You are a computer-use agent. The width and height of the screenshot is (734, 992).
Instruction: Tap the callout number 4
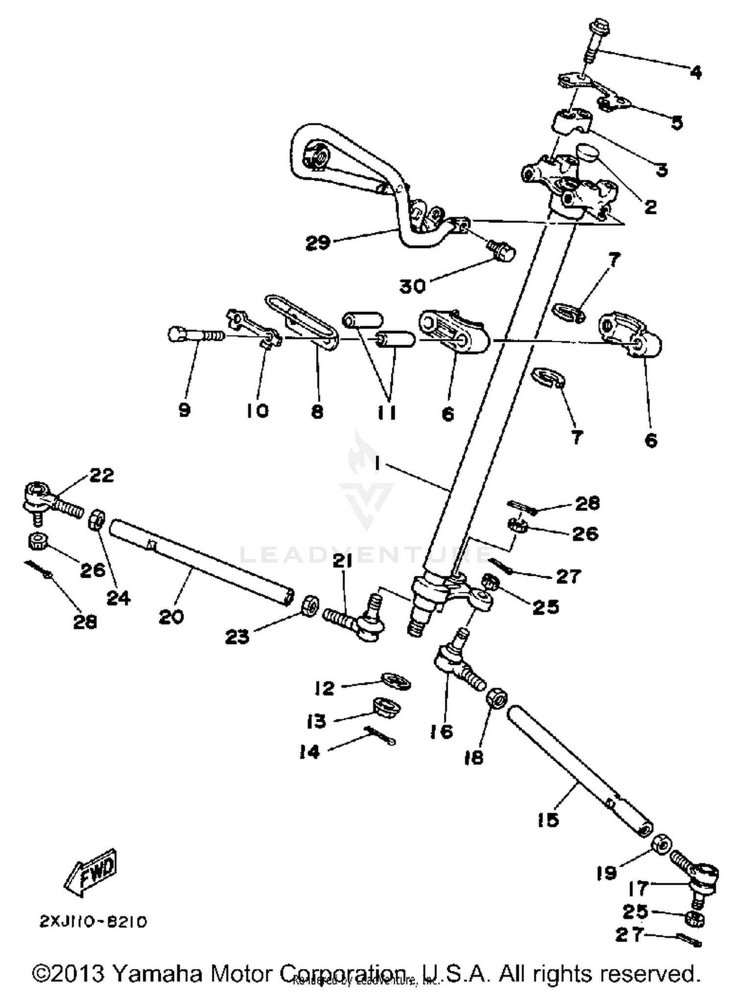click(x=696, y=73)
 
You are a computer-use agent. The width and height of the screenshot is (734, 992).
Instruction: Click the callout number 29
click(x=318, y=242)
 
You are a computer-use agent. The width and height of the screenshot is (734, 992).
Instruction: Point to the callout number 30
click(x=413, y=286)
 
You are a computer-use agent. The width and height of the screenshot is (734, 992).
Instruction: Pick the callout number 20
click(x=171, y=616)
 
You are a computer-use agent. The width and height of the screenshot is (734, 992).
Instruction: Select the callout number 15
click(x=548, y=820)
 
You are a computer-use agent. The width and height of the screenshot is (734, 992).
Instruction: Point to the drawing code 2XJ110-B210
click(x=93, y=922)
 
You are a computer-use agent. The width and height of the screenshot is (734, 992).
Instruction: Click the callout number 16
click(x=441, y=732)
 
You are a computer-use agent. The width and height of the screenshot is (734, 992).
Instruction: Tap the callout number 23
click(x=237, y=637)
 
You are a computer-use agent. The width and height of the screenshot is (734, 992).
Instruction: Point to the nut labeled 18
click(x=496, y=697)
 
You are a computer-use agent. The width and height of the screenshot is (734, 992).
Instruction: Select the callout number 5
click(x=676, y=123)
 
